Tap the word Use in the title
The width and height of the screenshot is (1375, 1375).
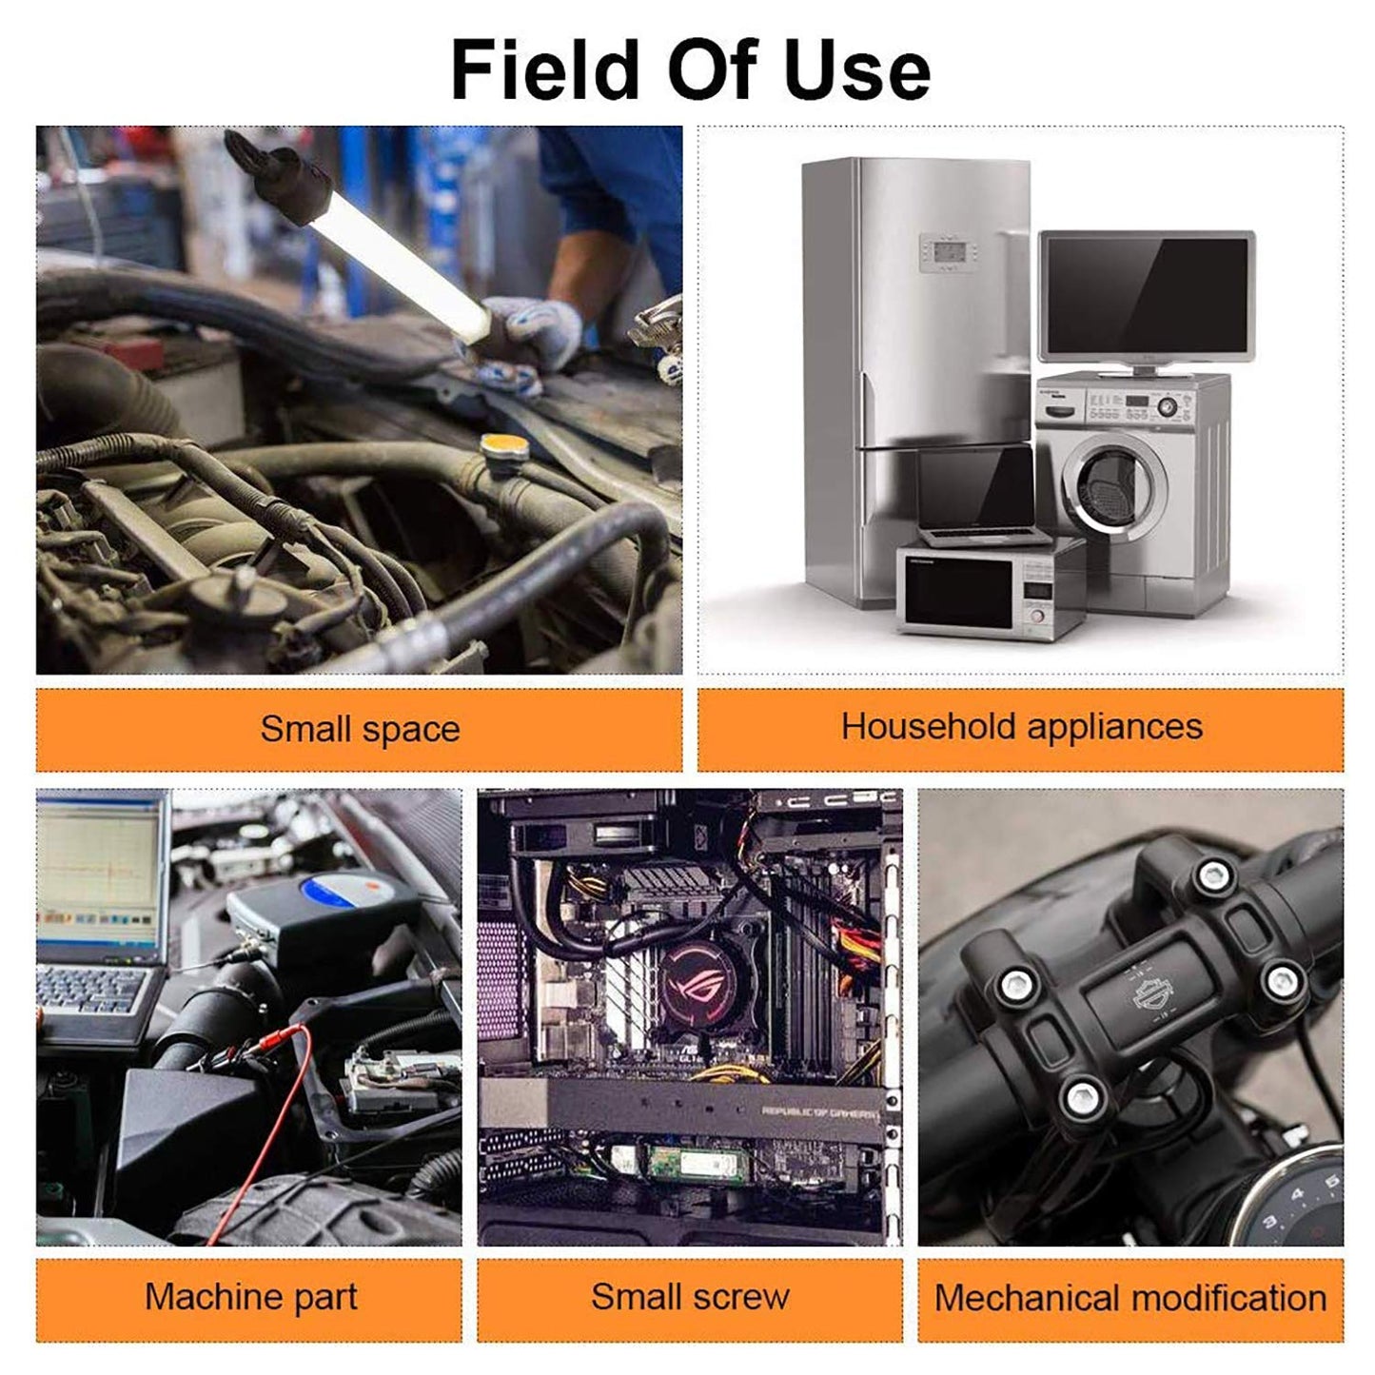tap(857, 69)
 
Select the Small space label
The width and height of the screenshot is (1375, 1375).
tap(360, 730)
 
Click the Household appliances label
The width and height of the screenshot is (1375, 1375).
tap(1021, 728)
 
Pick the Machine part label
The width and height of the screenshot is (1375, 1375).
tap(250, 1297)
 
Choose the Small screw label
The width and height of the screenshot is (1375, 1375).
tap(690, 1297)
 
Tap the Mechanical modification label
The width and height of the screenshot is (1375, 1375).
tap(1130, 1298)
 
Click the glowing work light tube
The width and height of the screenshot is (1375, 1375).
tap(400, 265)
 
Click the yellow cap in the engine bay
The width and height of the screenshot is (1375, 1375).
tap(504, 447)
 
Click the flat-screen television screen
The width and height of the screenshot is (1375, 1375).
tap(1147, 296)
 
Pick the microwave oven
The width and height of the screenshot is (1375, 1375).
tap(992, 589)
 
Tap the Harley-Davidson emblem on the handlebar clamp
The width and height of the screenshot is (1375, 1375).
tap(1154, 994)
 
